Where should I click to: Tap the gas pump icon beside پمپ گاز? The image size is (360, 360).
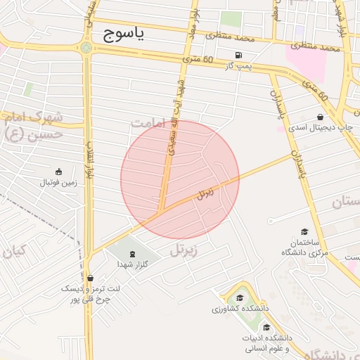pos(240,56)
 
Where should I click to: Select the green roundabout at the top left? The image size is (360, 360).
pos(86,48)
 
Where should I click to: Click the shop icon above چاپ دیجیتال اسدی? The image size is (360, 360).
pos(321,117)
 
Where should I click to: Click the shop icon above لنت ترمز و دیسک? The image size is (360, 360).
pos(89,277)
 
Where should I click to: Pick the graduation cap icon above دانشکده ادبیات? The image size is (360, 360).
pos(266,327)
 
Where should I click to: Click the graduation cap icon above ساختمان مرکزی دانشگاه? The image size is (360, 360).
pos(304,231)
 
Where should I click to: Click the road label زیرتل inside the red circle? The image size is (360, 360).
pos(205,193)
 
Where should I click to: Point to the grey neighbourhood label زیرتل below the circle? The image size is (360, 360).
pos(185,249)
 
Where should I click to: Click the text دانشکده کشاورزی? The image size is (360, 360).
pos(237,309)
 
